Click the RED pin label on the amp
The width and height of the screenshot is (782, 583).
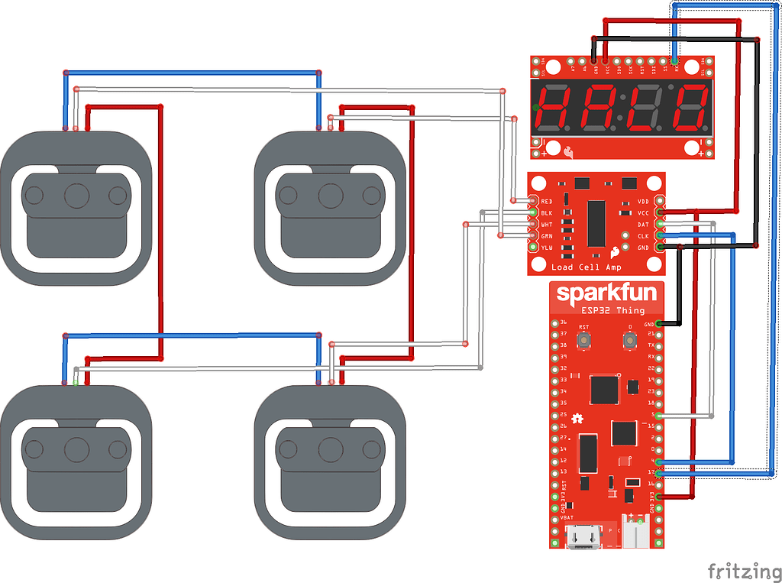pyautogui.click(x=546, y=201)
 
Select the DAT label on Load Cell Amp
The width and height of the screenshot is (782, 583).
pyautogui.click(x=643, y=225)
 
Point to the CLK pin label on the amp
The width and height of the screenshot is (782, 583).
pyautogui.click(x=643, y=236)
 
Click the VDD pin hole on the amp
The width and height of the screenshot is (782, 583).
pyautogui.click(x=661, y=201)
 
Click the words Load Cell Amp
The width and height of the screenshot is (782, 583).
pyautogui.click(x=586, y=267)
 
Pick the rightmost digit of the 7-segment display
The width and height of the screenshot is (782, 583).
pyautogui.click(x=692, y=108)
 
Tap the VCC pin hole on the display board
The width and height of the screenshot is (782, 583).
pyautogui.click(x=606, y=60)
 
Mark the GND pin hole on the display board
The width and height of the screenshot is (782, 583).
pyautogui.click(x=595, y=60)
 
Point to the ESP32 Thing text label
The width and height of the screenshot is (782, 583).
pyautogui.click(x=613, y=310)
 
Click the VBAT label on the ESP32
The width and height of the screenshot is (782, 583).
pyautogui.click(x=567, y=517)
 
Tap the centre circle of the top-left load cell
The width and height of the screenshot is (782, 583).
pyautogui.click(x=76, y=196)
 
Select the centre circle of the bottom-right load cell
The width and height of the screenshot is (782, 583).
pyautogui.click(x=329, y=449)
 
